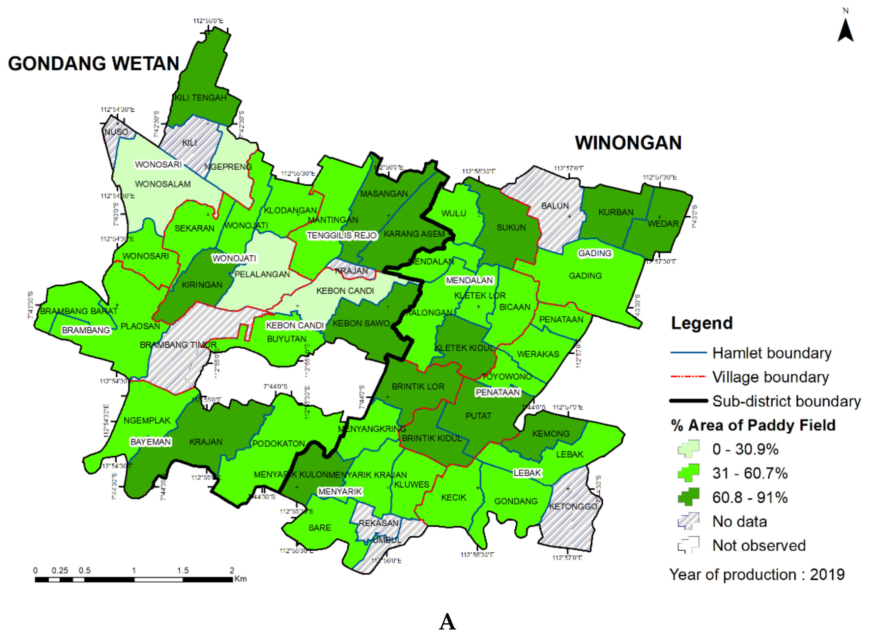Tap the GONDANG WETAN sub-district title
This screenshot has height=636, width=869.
point(94,64)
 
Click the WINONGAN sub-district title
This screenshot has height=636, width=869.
point(628,143)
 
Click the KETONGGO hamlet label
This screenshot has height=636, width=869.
point(573,507)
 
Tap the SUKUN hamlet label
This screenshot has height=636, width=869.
point(511,228)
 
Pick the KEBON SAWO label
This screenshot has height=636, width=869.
point(361,323)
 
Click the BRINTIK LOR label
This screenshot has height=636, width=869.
point(418,386)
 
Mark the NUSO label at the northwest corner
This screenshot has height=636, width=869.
point(116,132)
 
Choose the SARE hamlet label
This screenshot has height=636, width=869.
point(319,528)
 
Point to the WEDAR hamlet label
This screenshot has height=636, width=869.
point(663,224)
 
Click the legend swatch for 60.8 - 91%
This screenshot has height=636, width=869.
point(688,497)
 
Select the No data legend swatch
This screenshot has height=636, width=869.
point(688,521)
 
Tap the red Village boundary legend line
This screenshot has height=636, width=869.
point(688,377)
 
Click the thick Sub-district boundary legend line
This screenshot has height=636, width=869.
point(688,401)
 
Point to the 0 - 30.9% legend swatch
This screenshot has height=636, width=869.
point(688,449)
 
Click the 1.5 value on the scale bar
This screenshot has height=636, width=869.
point(183,570)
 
